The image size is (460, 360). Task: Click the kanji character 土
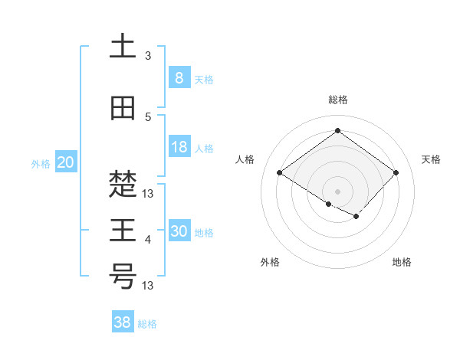click(123, 47)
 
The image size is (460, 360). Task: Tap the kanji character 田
click(123, 109)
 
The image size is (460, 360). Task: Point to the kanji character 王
click(123, 231)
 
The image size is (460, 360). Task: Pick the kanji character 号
click(123, 277)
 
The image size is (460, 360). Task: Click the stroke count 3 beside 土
click(147, 56)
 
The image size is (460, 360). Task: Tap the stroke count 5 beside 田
click(147, 117)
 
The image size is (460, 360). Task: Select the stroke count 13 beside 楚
click(149, 194)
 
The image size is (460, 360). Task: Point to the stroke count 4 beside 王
click(147, 240)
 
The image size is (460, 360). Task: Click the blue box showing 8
click(179, 78)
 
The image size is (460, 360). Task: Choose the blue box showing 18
click(179, 147)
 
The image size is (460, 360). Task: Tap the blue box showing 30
click(179, 231)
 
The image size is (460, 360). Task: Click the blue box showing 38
click(122, 322)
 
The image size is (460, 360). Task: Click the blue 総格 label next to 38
click(147, 324)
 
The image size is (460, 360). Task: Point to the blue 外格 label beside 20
click(41, 163)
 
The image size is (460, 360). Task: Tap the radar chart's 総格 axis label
click(337, 100)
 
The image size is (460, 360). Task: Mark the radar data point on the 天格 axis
click(396, 172)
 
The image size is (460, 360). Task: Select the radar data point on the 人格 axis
click(279, 172)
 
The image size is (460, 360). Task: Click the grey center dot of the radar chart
click(337, 191)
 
